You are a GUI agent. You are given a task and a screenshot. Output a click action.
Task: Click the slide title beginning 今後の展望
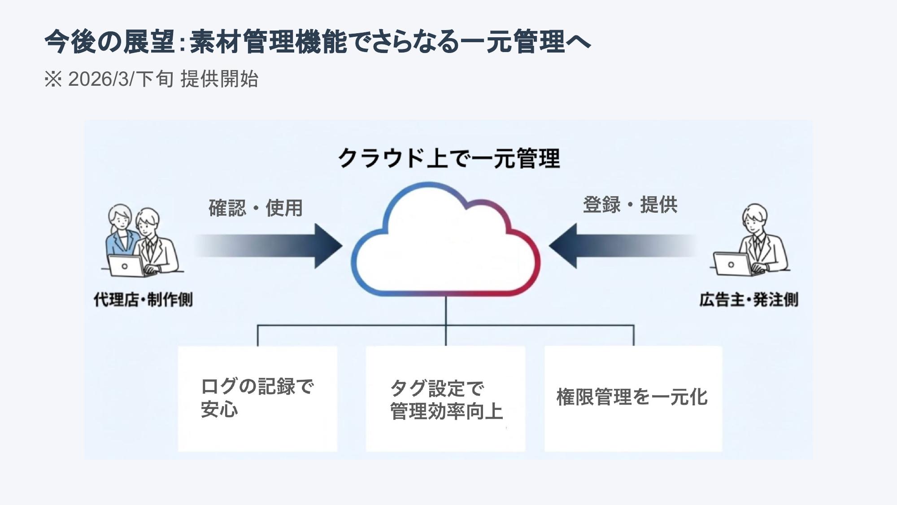click(318, 42)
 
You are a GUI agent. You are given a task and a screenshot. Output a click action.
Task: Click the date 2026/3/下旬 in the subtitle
click(120, 79)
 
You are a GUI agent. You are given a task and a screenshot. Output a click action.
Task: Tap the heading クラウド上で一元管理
click(449, 158)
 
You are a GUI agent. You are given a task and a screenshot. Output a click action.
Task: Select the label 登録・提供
click(630, 205)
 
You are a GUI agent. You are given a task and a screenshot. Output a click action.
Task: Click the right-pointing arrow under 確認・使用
click(269, 246)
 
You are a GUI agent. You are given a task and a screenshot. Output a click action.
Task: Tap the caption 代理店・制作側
click(143, 299)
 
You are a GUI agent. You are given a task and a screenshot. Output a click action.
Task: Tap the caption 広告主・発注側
click(749, 299)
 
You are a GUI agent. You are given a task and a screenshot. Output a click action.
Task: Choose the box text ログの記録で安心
click(257, 398)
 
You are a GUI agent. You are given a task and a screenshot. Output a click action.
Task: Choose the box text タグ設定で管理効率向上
click(446, 400)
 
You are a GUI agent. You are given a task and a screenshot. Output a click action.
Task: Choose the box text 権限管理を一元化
click(631, 397)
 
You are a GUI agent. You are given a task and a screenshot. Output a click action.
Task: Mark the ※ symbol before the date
click(53, 79)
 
